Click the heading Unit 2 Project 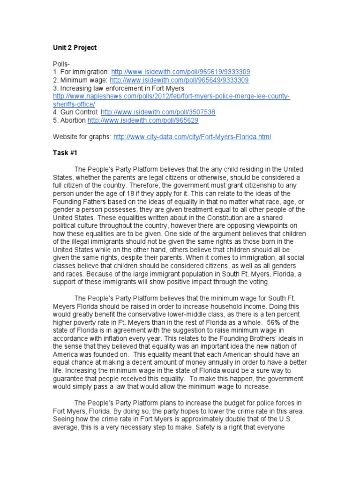pyautogui.click(x=74, y=47)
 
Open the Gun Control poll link pyautogui.click(x=158, y=112)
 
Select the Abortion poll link pyautogui.click(x=143, y=120)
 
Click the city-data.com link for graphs pyautogui.click(x=192, y=136)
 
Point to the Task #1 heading pyautogui.click(x=65, y=153)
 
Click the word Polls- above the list pyautogui.click(x=60, y=64)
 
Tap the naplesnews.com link pyautogui.click(x=171, y=96)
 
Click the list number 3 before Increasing pyautogui.click(x=54, y=88)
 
